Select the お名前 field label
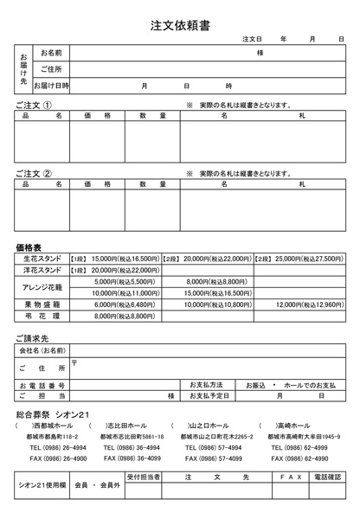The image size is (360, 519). [51, 54]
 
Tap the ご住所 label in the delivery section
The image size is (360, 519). [51, 69]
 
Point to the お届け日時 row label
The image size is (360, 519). [51, 86]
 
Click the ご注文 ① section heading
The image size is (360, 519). [34, 104]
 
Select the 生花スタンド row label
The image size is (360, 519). [42, 258]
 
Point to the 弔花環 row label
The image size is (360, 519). [42, 316]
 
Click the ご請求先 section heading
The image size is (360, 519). [33, 337]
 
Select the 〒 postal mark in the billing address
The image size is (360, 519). [74, 362]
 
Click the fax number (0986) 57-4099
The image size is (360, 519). [211, 458]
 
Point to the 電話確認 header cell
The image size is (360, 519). [328, 477]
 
